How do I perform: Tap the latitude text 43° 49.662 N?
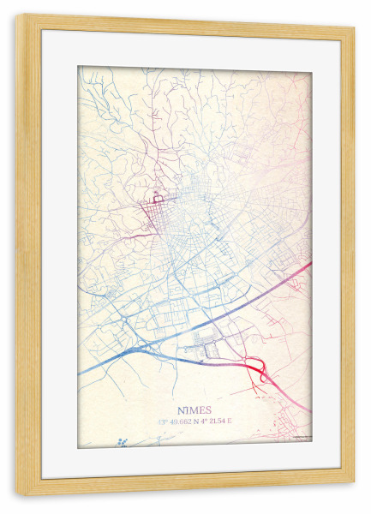(x=178, y=421)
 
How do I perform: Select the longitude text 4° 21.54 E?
(x=217, y=421)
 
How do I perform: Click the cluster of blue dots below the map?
(x=123, y=440)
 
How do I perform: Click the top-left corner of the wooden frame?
(x=20, y=20)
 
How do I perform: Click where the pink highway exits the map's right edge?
(x=310, y=264)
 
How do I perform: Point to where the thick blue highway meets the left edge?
(x=80, y=372)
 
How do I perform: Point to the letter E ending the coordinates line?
(x=230, y=421)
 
